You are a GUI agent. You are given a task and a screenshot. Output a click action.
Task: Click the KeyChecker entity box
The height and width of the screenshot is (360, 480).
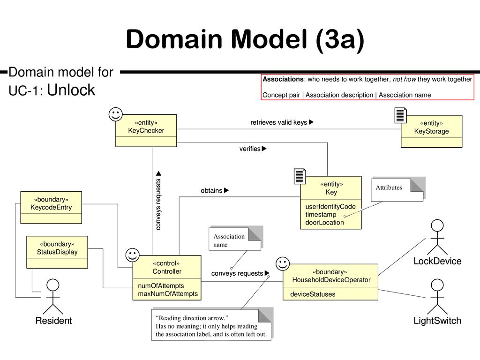pos(146,131)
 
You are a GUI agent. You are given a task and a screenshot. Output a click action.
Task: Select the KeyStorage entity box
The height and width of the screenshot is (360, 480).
pos(431,131)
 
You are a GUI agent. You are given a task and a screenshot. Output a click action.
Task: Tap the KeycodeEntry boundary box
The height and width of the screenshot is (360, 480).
pos(51,208)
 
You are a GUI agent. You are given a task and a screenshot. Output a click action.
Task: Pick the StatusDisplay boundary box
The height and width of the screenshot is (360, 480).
pos(57,252)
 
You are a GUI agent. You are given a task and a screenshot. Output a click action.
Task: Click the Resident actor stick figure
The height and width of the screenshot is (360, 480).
pos(52,296)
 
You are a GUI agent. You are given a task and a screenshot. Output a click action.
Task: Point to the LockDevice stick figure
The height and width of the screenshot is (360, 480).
pos(437,237)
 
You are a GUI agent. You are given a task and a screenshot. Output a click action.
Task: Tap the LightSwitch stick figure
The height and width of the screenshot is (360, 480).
pos(437,297)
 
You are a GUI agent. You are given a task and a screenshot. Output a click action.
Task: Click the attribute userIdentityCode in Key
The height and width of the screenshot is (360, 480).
pos(330,207)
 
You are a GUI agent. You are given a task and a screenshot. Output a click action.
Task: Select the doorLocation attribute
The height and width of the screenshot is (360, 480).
pos(324,223)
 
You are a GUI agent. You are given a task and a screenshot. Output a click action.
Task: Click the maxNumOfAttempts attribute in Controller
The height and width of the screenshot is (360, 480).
pos(168,294)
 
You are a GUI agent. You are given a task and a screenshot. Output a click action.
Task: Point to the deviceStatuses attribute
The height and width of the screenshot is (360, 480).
pos(313,294)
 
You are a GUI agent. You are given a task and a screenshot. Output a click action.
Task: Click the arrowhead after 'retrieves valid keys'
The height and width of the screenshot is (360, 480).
pos(311,122)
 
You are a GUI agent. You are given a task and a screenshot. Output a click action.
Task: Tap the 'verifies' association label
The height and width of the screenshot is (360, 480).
pos(250,149)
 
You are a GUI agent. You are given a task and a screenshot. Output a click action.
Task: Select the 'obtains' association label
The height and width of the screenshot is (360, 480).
pos(211,190)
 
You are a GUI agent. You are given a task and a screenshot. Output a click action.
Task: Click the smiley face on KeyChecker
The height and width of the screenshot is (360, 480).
pos(116,114)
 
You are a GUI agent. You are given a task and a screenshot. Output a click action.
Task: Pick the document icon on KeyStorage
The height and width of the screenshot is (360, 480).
pos(401,115)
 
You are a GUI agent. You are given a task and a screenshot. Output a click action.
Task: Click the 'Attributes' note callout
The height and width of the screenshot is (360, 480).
pos(397,189)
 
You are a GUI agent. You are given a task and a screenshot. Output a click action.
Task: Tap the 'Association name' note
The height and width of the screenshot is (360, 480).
pos(235,239)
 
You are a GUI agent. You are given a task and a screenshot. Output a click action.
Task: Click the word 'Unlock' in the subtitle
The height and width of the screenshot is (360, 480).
pos(71,90)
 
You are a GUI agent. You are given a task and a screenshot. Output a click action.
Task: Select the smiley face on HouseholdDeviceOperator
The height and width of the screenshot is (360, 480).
pos(283,263)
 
